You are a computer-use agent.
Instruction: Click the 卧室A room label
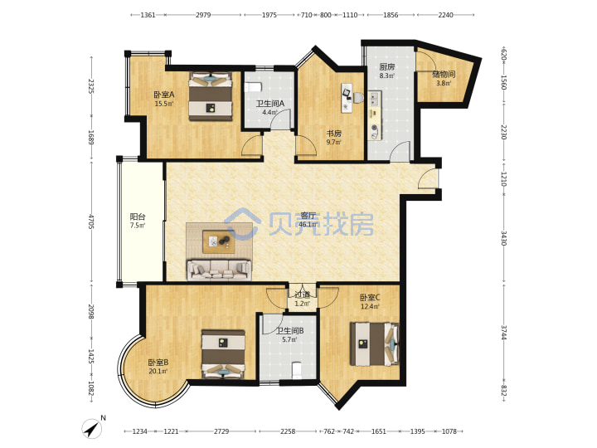click(x=164, y=94)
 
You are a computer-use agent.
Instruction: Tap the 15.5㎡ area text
click(x=164, y=103)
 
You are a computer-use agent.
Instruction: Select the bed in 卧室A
click(x=211, y=96)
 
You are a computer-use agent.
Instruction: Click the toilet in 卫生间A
click(x=253, y=87)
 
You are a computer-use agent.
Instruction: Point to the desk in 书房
click(x=347, y=98)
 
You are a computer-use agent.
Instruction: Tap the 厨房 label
click(x=387, y=67)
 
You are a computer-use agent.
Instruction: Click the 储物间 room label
click(x=444, y=75)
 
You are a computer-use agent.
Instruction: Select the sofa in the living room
click(x=219, y=270)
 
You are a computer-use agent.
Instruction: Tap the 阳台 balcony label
click(x=138, y=217)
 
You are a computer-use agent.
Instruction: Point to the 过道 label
click(x=303, y=295)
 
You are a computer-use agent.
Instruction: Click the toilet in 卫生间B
click(x=297, y=370)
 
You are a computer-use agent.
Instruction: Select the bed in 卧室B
click(x=223, y=354)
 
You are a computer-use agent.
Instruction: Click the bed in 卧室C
click(x=375, y=344)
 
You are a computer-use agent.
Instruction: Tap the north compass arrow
click(x=92, y=429)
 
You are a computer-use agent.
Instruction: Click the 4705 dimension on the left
click(x=91, y=222)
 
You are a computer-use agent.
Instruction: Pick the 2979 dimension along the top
click(x=203, y=15)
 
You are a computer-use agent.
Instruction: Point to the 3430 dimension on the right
click(x=503, y=238)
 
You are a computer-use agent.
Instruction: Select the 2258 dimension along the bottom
click(x=288, y=431)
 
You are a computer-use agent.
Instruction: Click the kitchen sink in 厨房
click(x=374, y=100)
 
